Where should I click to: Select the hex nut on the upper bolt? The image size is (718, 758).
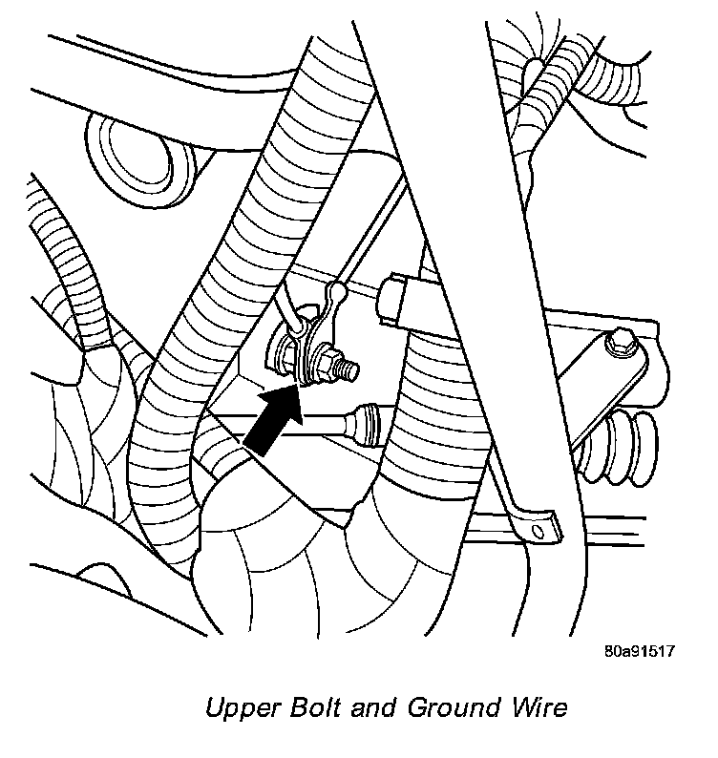[x=333, y=362]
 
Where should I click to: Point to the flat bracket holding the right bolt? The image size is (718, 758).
[x=606, y=368]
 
